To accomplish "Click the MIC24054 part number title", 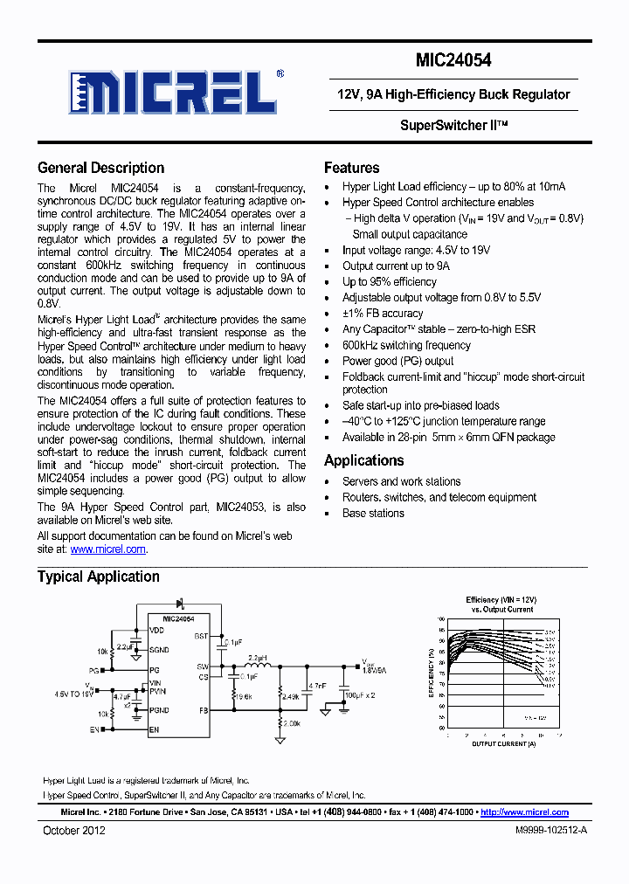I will tap(453, 60).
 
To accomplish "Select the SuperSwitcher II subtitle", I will tap(453, 125).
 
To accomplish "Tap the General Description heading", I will tap(100, 168).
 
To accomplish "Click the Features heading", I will tap(351, 168).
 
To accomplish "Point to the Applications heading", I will tap(363, 460).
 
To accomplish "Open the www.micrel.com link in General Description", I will tap(107, 549).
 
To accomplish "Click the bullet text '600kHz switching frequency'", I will tap(406, 345).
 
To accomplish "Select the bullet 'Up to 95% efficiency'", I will tap(389, 281).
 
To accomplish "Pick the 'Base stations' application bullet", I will tap(373, 513).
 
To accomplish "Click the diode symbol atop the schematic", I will tap(180, 603).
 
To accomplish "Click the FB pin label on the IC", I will tap(204, 710).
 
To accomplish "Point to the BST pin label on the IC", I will tap(202, 637).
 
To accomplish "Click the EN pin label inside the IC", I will tap(155, 729).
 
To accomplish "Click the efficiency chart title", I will tap(501, 604).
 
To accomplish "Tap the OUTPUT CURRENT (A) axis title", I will tap(502, 743).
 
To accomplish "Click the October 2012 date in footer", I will tap(74, 830).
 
